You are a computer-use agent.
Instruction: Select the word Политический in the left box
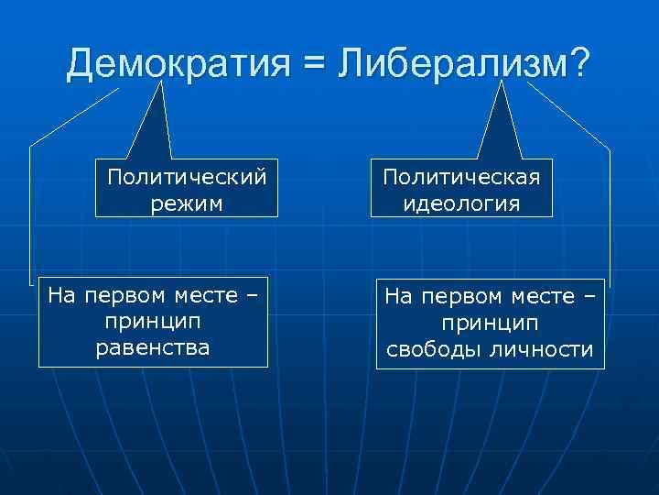coord(187,175)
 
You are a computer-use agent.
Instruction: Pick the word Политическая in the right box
coord(462,175)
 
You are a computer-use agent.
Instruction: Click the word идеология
coord(462,203)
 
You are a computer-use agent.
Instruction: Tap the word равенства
coord(152,346)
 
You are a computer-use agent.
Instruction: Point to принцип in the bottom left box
coord(152,323)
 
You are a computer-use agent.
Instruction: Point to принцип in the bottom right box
coord(490,324)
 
